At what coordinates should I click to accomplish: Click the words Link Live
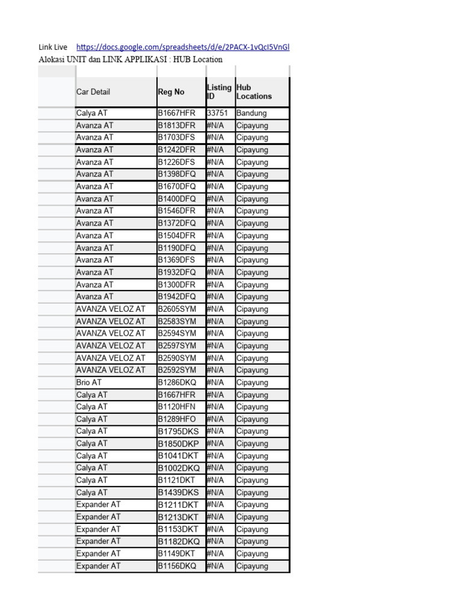[53, 47]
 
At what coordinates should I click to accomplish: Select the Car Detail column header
[93, 92]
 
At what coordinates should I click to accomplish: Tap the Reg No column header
[171, 92]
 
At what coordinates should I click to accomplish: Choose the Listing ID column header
[219, 91]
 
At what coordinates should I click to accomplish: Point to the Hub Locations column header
[254, 91]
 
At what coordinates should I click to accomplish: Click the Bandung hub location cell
[251, 113]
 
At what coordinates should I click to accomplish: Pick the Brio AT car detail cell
[89, 382]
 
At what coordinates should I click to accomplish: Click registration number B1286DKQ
[177, 382]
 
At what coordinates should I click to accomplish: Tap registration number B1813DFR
[176, 125]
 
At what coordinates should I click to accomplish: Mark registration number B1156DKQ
[177, 566]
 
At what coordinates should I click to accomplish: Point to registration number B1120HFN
[176, 407]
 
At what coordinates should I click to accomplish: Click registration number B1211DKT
[177, 505]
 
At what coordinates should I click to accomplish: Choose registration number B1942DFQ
[177, 297]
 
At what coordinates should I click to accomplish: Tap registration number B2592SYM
[177, 370]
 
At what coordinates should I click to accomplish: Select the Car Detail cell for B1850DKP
[92, 443]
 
